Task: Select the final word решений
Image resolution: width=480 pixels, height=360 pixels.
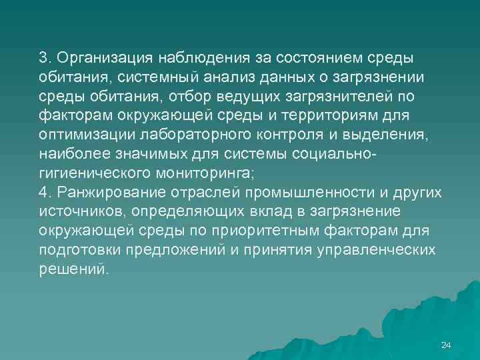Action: click(x=71, y=269)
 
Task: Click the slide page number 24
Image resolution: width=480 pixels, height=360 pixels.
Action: click(x=446, y=345)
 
